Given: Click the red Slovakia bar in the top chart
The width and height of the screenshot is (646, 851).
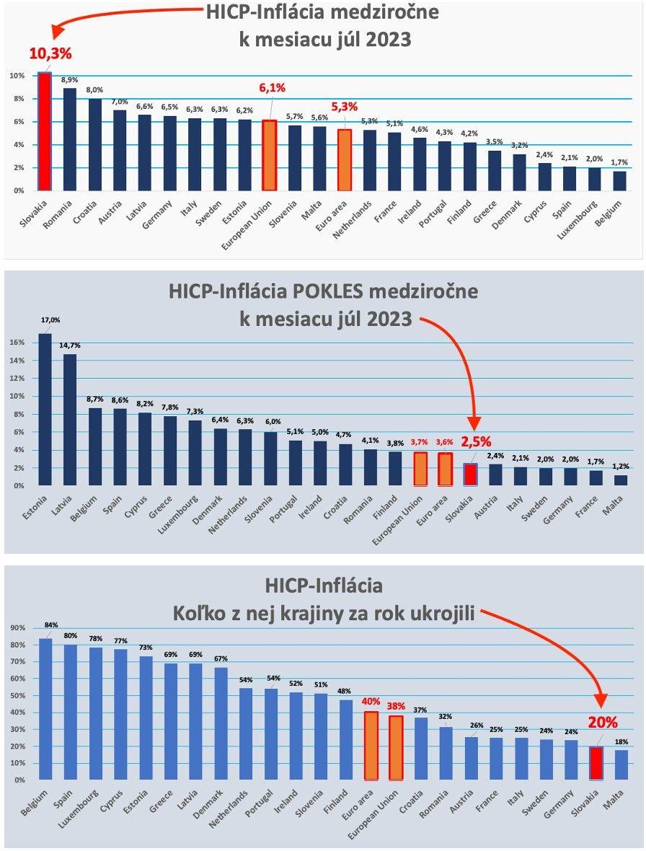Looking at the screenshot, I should [45, 132].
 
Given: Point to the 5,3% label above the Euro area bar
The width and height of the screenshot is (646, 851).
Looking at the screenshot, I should [344, 106].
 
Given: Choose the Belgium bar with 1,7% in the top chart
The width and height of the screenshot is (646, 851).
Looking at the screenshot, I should [620, 181].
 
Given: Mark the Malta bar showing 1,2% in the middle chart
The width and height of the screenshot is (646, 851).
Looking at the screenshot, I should [620, 480].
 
